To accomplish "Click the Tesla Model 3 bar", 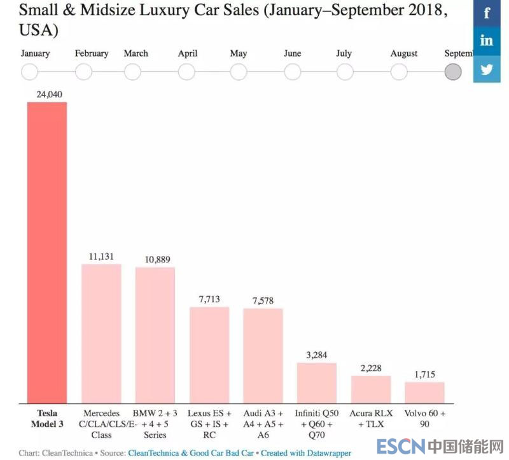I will tap(46, 252).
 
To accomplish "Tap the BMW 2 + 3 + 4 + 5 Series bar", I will tap(155, 334).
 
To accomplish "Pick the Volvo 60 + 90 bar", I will tap(424, 392).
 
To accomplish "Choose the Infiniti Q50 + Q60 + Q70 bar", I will tap(317, 382).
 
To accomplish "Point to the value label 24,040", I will tap(46, 95).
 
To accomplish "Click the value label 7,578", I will tap(263, 301).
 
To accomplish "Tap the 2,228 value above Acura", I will tap(371, 368).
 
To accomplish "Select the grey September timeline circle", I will tap(453, 72).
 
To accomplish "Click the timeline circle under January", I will tap(30, 72).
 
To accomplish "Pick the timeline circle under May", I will tap(239, 72).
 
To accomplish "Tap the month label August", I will tap(404, 54).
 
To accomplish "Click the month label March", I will tap(136, 54).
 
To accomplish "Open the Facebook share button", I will tap(487, 13).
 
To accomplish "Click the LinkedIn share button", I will tap(487, 41).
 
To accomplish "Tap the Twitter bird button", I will tap(487, 69).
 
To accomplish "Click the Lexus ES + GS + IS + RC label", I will tap(209, 424).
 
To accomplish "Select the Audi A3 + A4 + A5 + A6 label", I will tap(263, 424).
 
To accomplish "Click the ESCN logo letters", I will tap(398, 447).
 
